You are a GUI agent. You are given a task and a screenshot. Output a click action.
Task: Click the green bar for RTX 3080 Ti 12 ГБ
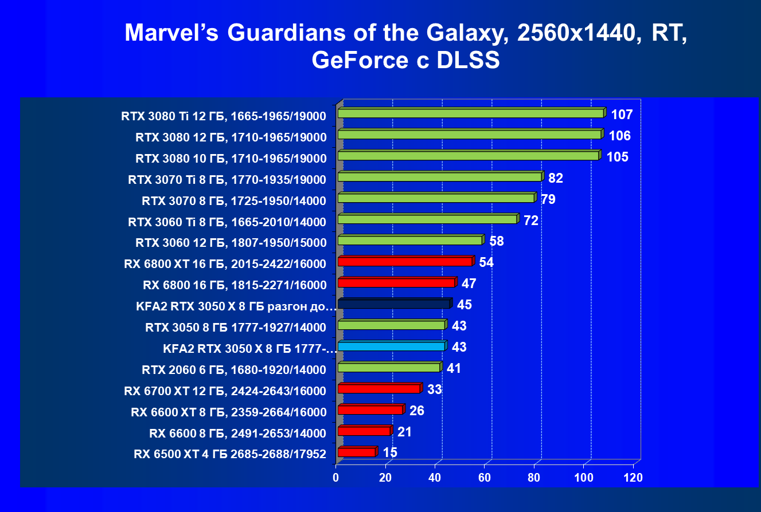point(470,113)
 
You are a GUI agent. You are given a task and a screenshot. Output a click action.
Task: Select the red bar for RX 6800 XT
point(405,262)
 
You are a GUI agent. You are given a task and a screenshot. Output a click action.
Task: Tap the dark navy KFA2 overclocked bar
point(393,304)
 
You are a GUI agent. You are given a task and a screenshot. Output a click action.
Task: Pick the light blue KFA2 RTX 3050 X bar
point(391,346)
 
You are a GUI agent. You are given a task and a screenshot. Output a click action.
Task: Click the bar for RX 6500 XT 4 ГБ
point(356,452)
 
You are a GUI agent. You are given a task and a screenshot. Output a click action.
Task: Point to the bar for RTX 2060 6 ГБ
point(389,368)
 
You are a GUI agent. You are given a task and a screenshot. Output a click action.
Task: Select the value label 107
point(622,115)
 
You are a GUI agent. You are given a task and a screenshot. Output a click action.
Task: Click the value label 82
point(556,178)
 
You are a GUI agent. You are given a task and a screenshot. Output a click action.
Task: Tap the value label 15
point(390,452)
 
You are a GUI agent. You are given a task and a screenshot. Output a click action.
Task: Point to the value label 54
point(486,262)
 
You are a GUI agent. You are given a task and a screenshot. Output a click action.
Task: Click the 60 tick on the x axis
point(485,478)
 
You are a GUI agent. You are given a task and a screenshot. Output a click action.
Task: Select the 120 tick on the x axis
point(633,478)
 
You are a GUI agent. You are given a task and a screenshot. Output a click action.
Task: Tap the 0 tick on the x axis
point(336,478)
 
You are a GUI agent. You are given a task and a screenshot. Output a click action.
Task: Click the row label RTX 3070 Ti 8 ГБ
point(227,180)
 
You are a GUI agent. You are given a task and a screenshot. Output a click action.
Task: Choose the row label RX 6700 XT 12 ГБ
point(225,392)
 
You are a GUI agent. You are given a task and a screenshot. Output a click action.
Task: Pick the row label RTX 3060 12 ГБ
point(231,243)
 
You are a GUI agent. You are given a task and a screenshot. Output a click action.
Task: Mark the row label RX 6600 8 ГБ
point(237,433)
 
